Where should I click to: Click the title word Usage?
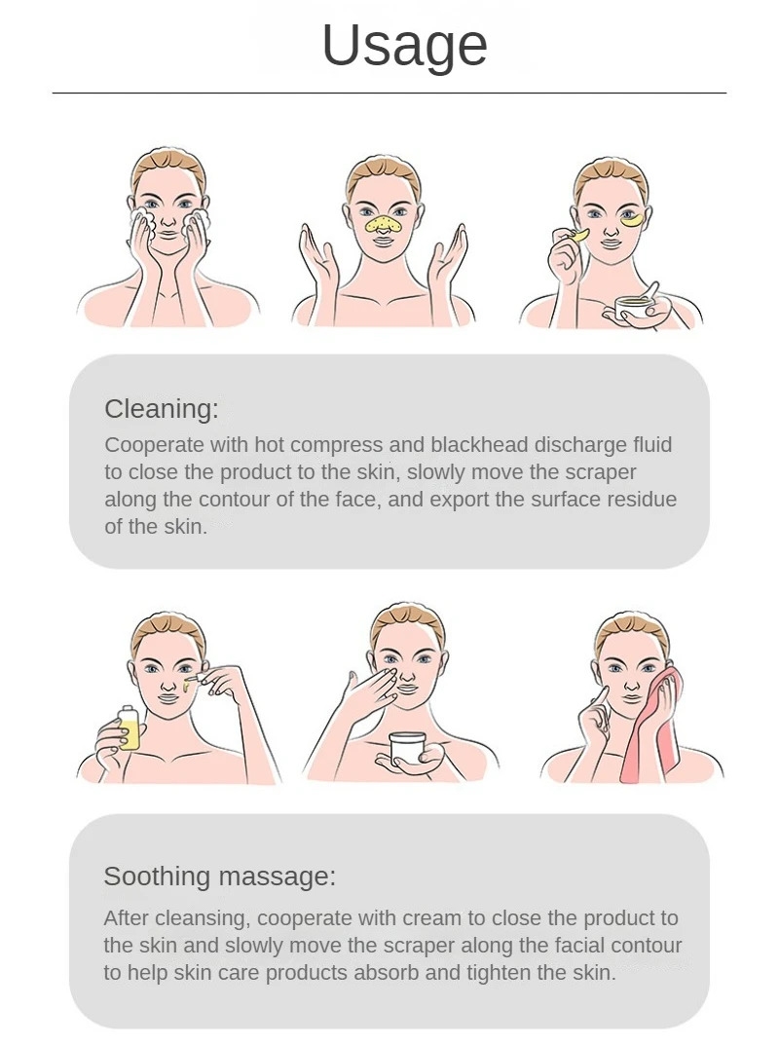pyautogui.click(x=404, y=46)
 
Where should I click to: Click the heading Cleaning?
pyautogui.click(x=162, y=408)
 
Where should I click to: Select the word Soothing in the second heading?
pyautogui.click(x=157, y=877)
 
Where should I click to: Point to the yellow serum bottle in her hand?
pyautogui.click(x=130, y=728)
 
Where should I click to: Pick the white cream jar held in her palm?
pyautogui.click(x=408, y=748)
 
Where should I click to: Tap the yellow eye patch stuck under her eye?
pyautogui.click(x=632, y=219)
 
